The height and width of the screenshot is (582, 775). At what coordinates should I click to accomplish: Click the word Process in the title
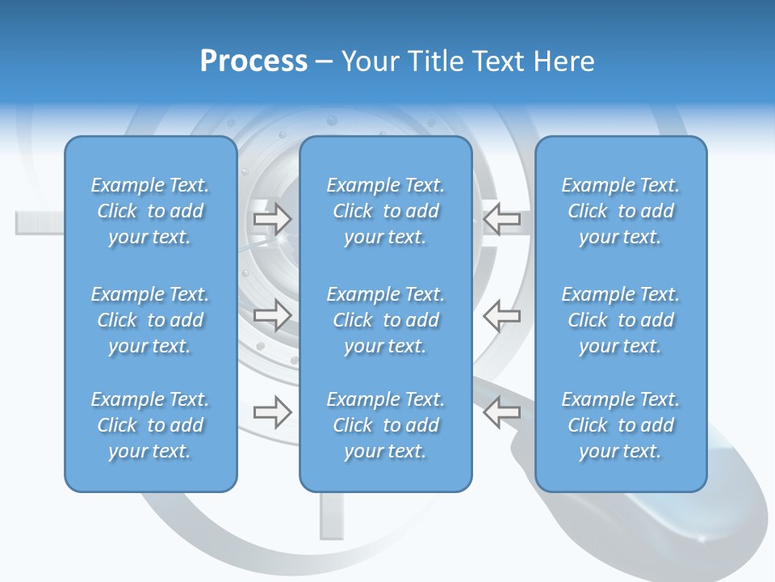pos(253,61)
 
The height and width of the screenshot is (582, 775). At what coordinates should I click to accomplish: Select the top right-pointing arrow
pos(272,218)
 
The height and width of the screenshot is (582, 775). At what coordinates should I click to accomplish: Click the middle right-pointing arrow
pos(272,314)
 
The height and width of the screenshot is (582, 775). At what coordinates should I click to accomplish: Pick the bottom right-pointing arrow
pos(272,412)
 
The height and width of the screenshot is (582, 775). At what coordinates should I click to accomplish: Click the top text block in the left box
pos(150,211)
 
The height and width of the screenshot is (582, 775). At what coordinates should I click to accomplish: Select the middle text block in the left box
pos(150,320)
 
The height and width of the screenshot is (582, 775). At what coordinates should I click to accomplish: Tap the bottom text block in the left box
pos(150,425)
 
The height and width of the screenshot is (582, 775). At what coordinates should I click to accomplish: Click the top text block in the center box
pos(385,211)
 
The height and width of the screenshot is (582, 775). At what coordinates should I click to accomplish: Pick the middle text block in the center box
pos(385,320)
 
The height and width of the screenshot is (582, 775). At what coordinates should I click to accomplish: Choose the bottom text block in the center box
pos(385,425)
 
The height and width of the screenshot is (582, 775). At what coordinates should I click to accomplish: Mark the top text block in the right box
pos(620,211)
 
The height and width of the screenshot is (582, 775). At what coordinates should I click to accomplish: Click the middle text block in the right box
pos(620,320)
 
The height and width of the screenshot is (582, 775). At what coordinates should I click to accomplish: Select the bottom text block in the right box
pos(620,425)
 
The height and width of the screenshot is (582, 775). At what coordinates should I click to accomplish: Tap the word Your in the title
pos(368,61)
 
